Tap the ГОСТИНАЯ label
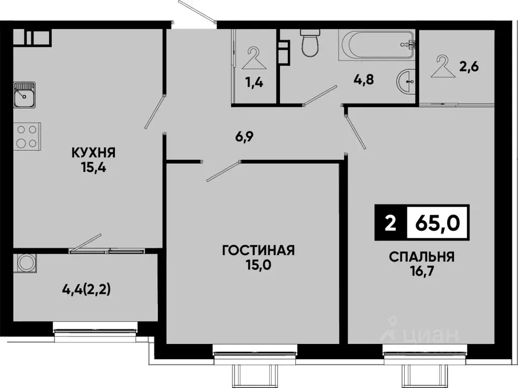[x=258, y=250]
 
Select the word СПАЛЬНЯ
[x=421, y=256]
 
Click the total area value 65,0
[x=437, y=223]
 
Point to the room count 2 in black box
[x=390, y=223]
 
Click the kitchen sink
[x=24, y=95]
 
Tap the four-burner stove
[x=26, y=137]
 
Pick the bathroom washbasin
[x=406, y=81]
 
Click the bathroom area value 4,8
[x=363, y=79]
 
